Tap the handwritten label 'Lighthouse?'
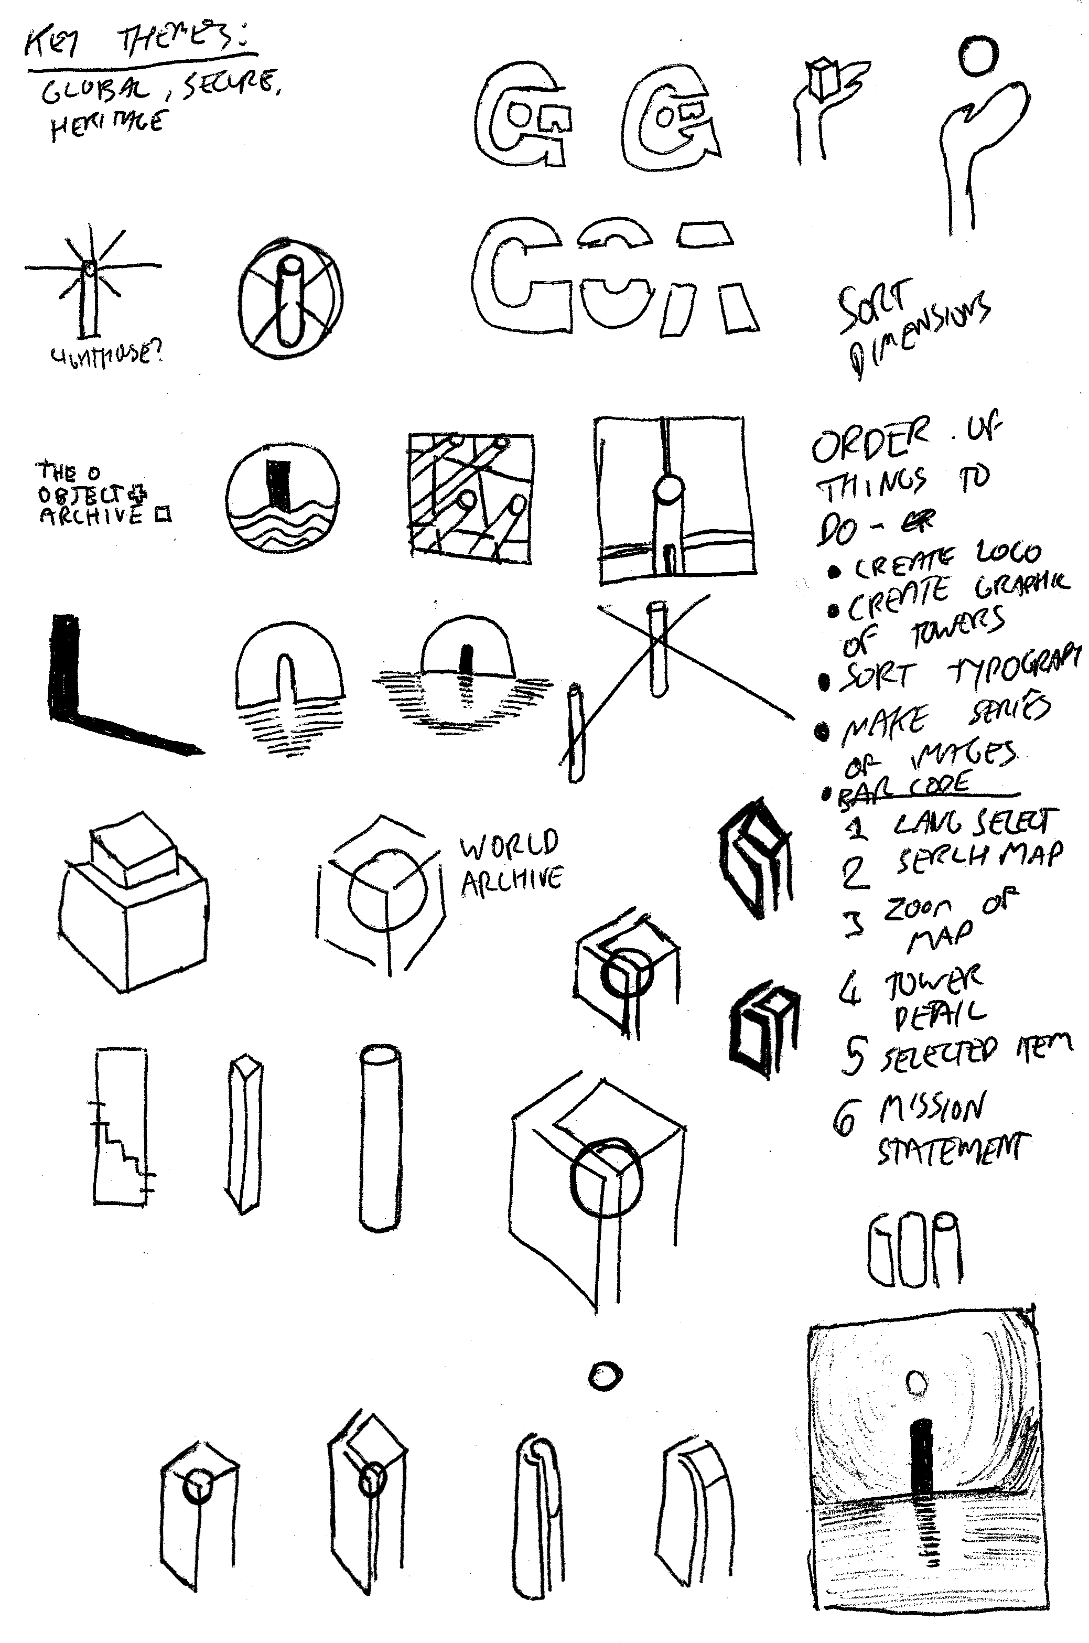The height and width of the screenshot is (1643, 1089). point(105,356)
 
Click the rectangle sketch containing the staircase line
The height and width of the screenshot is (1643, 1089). point(121,1126)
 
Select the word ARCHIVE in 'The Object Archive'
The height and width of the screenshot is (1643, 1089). point(90,516)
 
